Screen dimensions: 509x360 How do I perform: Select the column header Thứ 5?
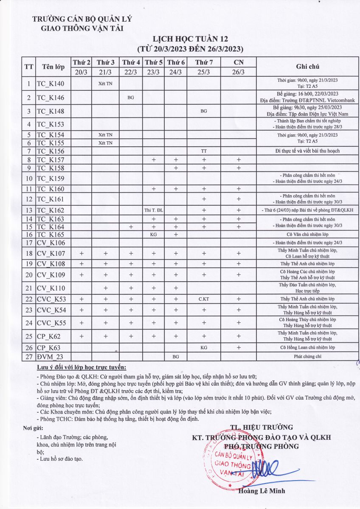click(x=154, y=62)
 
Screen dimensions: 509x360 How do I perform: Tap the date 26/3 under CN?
click(x=239, y=72)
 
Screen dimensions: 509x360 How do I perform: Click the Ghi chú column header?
click(x=308, y=67)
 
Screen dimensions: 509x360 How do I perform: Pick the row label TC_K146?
click(x=51, y=98)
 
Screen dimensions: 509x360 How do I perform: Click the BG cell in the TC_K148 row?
click(x=204, y=111)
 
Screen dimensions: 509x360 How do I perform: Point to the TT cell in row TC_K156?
click(x=204, y=151)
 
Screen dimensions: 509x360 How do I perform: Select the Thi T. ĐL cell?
click(x=154, y=210)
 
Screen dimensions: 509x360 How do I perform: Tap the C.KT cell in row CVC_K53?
click(x=204, y=299)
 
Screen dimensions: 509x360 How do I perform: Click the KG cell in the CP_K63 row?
click(x=204, y=347)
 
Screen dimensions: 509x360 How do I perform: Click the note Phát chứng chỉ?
click(x=308, y=357)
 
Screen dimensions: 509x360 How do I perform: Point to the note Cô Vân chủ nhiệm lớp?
click(x=308, y=234)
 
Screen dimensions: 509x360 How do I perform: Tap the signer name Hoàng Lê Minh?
click(x=262, y=491)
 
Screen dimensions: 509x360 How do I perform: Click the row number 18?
click(x=29, y=254)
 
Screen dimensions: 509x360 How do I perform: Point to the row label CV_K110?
click(x=51, y=288)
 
